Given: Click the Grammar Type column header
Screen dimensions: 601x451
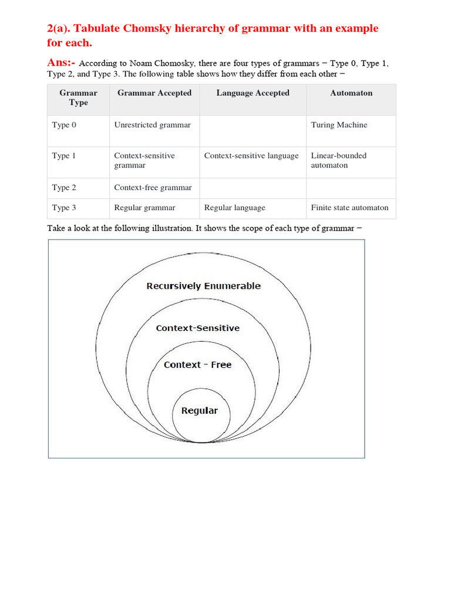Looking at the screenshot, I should pyautogui.click(x=78, y=97).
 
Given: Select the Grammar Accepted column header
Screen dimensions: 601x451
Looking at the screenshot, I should pyautogui.click(x=154, y=93).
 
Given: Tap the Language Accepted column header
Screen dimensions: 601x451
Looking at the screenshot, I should pyautogui.click(x=253, y=93).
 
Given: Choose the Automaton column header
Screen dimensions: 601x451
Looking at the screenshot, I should pyautogui.click(x=351, y=93).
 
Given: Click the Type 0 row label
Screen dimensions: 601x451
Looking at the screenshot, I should pyautogui.click(x=64, y=125).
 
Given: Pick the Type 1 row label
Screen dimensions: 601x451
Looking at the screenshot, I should pyautogui.click(x=64, y=156).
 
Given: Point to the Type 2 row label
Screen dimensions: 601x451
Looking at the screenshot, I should pyautogui.click(x=64, y=188).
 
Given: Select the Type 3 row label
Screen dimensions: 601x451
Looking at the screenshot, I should pyautogui.click(x=64, y=207).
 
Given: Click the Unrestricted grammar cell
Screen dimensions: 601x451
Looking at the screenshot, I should pyautogui.click(x=152, y=125).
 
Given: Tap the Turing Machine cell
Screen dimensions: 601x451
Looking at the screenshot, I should pyautogui.click(x=339, y=125).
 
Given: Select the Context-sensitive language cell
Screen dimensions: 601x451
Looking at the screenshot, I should pyautogui.click(x=251, y=156).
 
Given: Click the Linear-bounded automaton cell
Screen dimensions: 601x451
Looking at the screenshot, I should pyautogui.click(x=338, y=160).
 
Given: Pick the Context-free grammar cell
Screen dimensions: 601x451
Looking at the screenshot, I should pyautogui.click(x=153, y=188).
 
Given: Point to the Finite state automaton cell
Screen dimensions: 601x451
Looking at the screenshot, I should pyautogui.click(x=349, y=207).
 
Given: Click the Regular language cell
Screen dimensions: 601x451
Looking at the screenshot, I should pyautogui.click(x=234, y=207).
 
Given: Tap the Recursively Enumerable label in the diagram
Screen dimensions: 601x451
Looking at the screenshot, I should pyautogui.click(x=203, y=286).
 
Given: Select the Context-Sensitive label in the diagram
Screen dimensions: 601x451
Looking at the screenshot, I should pyautogui.click(x=198, y=328).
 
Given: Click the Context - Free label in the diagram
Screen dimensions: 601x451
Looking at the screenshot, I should pyautogui.click(x=198, y=364).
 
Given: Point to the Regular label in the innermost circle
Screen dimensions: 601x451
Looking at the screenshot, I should pyautogui.click(x=200, y=411).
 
